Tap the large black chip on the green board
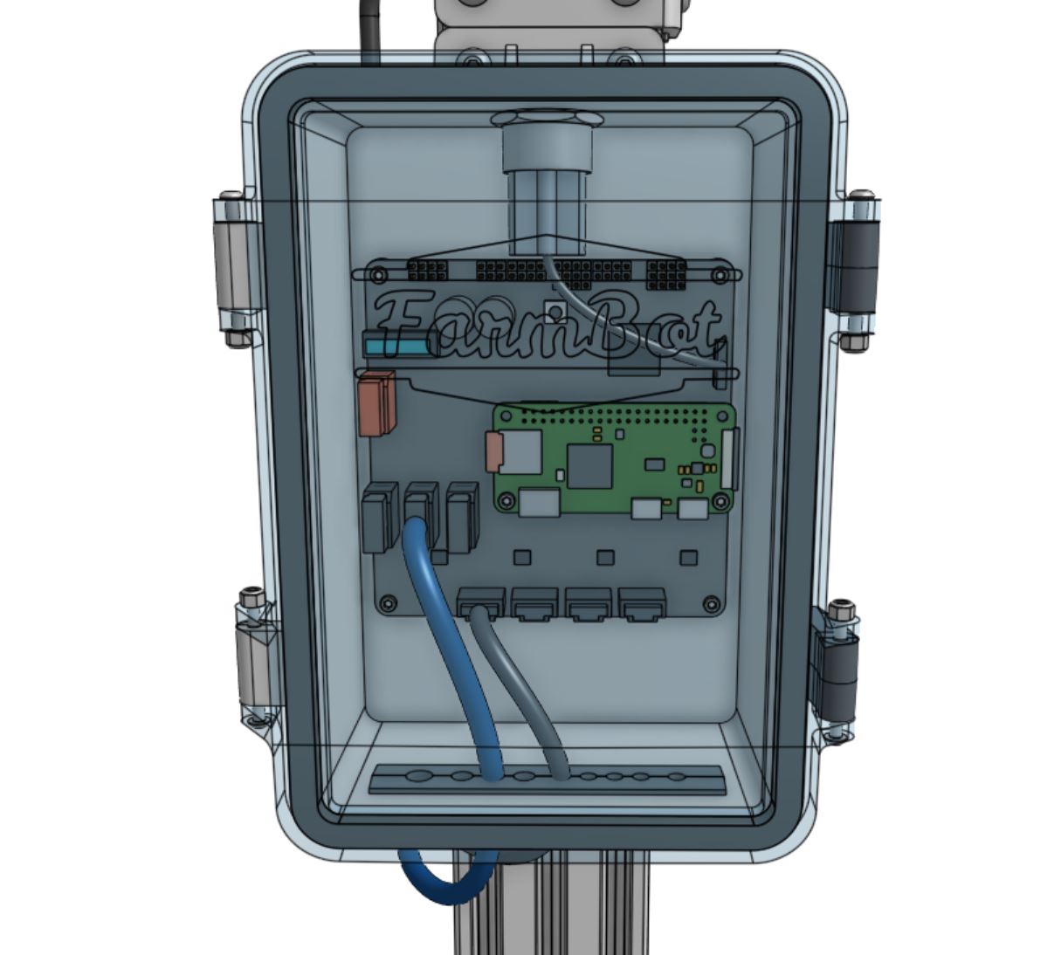tap(590, 465)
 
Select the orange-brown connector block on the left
tap(376, 402)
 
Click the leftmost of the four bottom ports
tap(481, 602)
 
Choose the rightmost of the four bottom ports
tap(643, 603)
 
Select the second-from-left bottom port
tap(535, 603)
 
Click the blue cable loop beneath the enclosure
tap(446, 882)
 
